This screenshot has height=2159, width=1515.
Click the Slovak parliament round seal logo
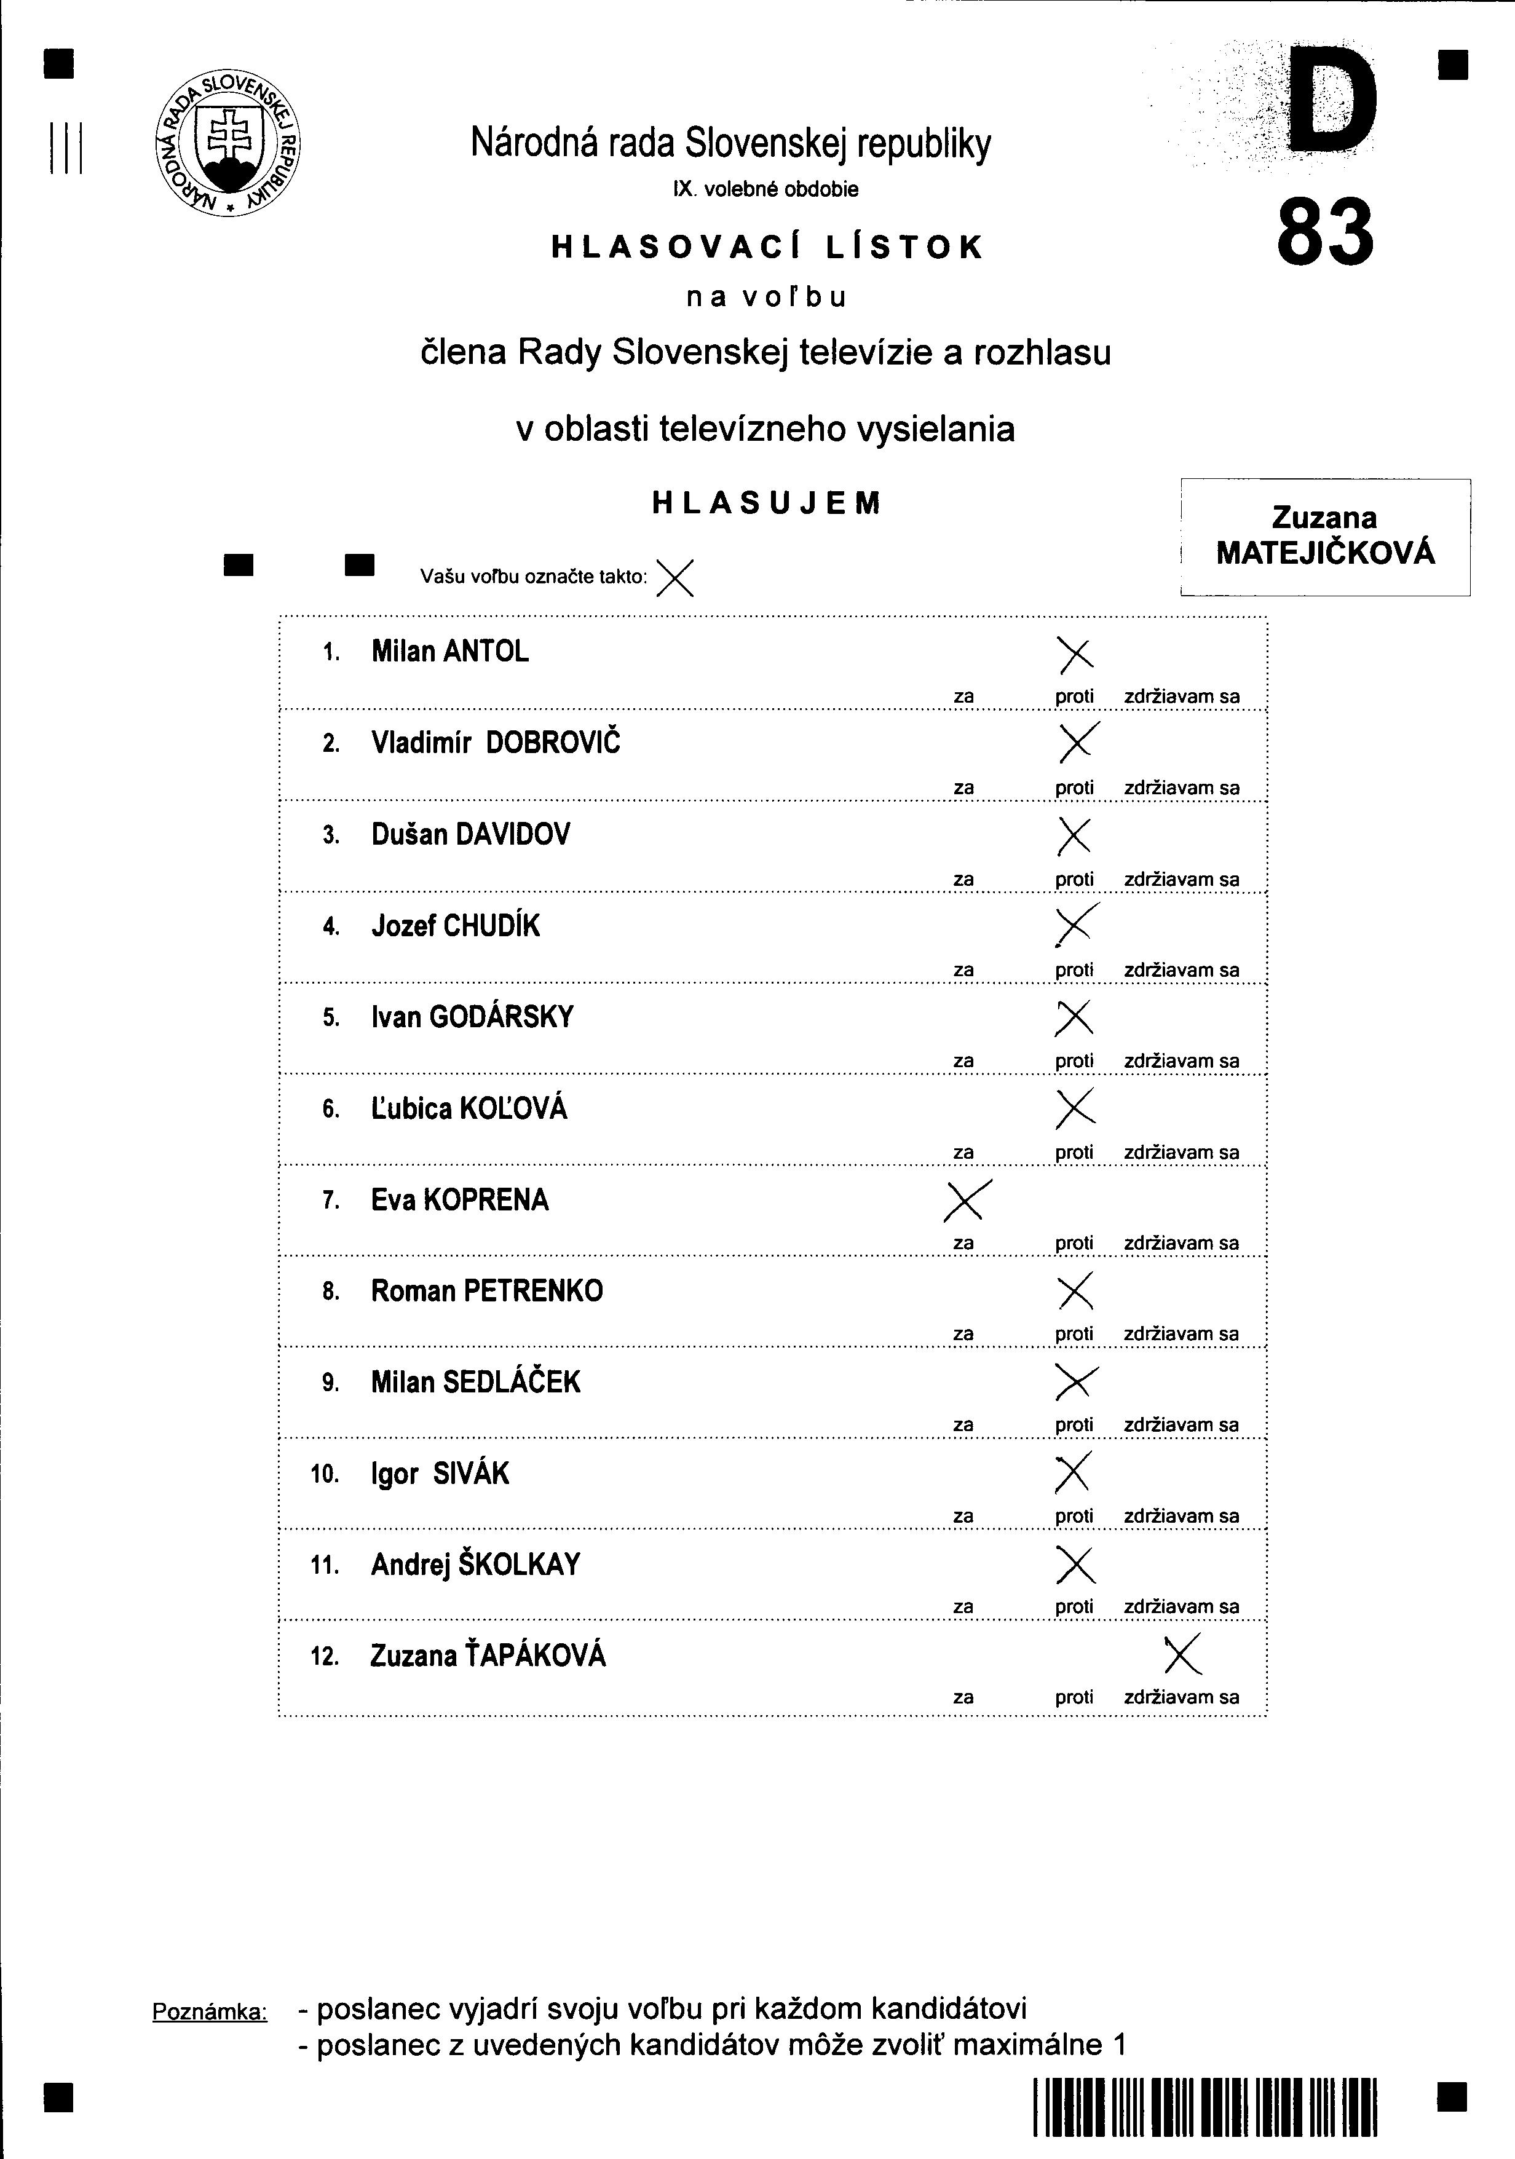227,143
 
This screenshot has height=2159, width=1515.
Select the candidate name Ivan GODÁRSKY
472,1017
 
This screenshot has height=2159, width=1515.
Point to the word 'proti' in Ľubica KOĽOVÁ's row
1074,1152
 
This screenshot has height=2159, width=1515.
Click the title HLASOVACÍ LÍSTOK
767,247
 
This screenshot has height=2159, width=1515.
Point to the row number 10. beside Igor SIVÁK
325,1474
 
